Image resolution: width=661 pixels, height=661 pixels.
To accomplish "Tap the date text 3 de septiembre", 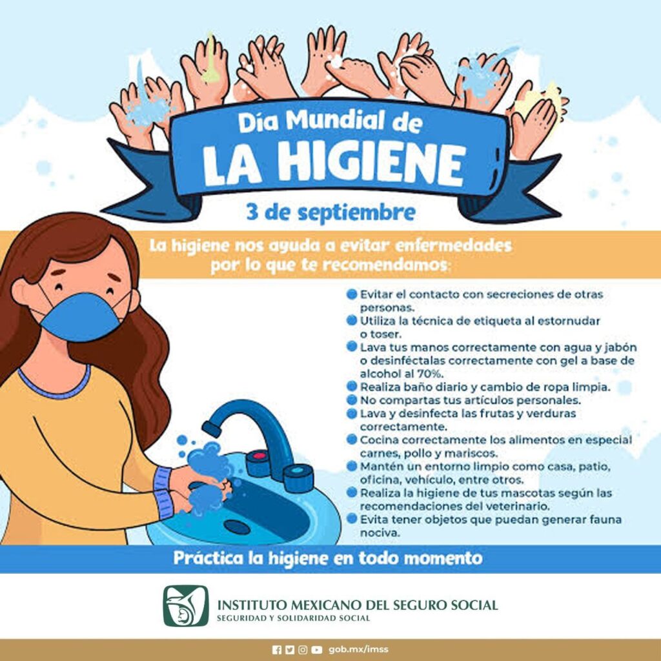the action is coord(330,212).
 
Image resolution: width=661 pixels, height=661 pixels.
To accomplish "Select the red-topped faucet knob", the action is coord(258,462).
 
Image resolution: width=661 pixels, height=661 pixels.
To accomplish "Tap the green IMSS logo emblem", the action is coord(185,605).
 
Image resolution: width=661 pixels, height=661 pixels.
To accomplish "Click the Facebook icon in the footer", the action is coord(276,649).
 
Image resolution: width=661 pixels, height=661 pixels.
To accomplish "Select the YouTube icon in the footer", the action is coord(317,649).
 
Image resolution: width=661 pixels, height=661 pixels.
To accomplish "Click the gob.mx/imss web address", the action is coord(358,649).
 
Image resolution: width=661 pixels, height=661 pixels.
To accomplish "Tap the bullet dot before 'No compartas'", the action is coord(352,399).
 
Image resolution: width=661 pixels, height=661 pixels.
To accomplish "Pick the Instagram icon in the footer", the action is coord(303,649).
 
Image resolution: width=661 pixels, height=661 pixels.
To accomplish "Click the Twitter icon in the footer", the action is coord(289,649).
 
